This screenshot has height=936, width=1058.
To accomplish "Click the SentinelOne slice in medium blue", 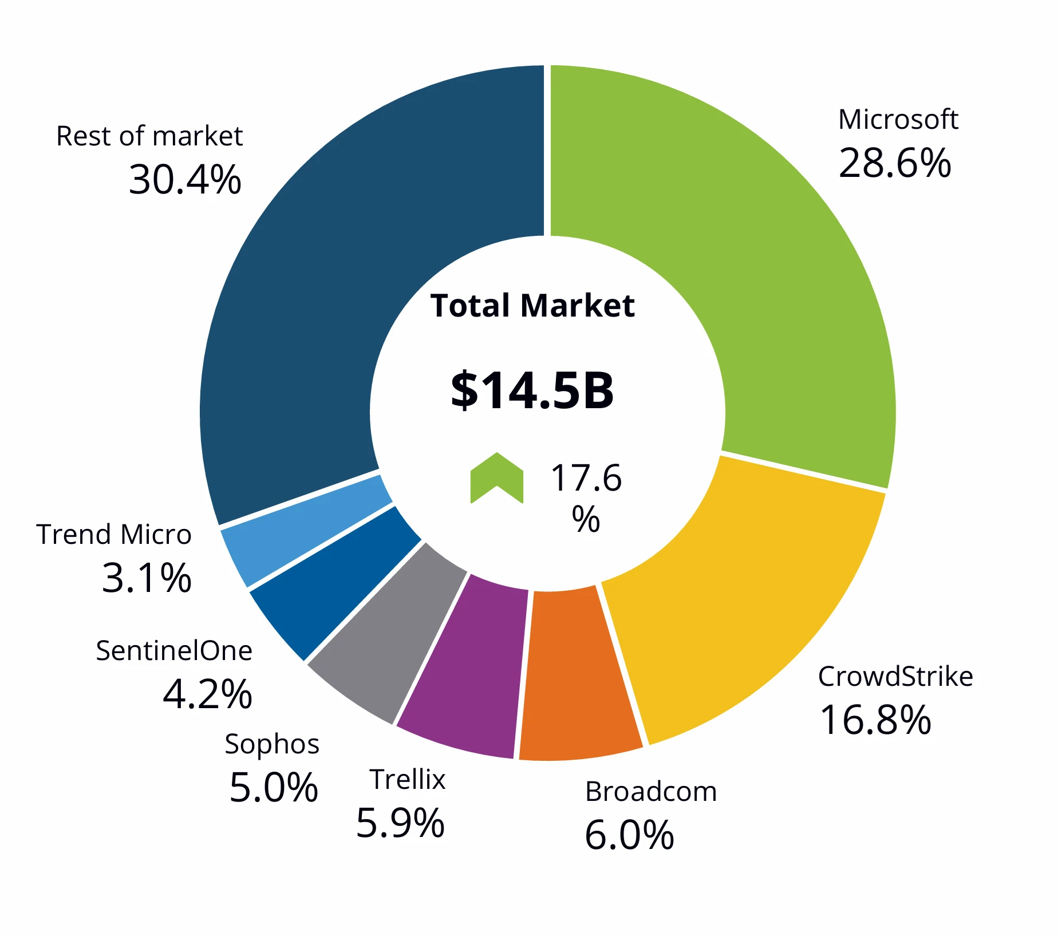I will pos(332,584).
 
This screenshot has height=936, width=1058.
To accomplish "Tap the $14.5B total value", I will pos(532,390).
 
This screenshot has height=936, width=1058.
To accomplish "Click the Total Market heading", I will pos(532,305).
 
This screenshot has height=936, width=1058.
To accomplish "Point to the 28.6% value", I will pos(894,163).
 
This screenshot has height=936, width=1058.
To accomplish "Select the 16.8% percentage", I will pos(875,720).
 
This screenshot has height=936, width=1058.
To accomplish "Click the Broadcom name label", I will pos(650,792).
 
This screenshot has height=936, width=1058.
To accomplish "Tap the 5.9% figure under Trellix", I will pos(400,823).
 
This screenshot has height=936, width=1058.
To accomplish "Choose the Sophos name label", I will pos(272,744).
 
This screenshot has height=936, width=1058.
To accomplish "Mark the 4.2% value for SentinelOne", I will pos(207,694).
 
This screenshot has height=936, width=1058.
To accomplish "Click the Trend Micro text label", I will pos(113,534).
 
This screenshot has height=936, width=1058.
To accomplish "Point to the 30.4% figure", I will pos(184,180).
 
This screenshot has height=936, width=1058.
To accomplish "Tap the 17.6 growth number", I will pos(586,478).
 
